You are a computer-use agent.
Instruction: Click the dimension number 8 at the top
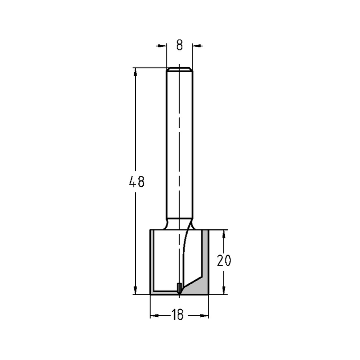[x=180, y=45]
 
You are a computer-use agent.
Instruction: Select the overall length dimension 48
[x=137, y=182]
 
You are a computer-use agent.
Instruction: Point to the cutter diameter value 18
[x=177, y=315]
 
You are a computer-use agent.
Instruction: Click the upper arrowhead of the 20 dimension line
[x=224, y=234]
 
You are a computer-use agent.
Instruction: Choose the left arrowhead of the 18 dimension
[x=154, y=316]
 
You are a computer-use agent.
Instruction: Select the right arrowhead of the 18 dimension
[x=204, y=316]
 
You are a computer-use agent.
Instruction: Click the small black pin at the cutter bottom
[x=179, y=288]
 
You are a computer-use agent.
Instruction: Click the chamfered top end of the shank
[x=179, y=68]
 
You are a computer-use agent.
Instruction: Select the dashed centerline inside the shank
[x=179, y=144]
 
